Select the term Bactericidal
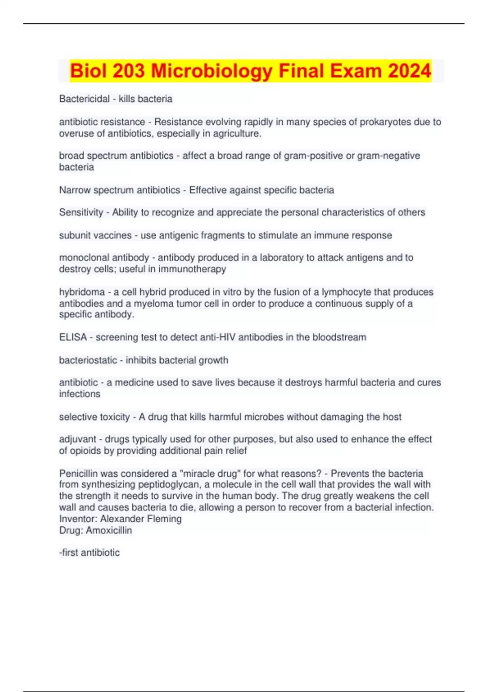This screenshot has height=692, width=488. coord(84,99)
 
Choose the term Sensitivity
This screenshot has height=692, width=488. coord(81,212)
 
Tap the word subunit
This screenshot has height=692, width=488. coord(74,235)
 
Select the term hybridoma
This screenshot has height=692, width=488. coord(82,292)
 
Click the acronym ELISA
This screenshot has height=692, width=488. coord(73,337)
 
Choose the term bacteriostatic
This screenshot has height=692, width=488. coord(88,360)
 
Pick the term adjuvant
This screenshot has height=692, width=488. coord(77,439)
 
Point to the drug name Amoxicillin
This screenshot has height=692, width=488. coord(109,530)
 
